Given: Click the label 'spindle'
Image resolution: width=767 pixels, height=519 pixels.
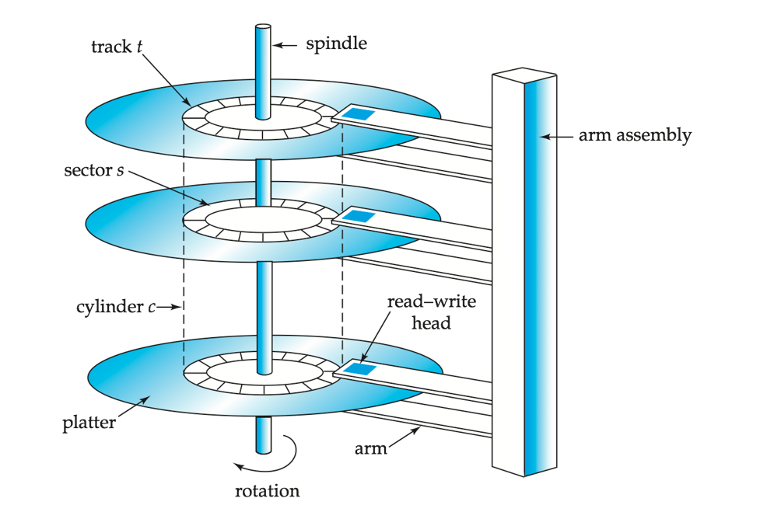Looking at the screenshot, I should (336, 44).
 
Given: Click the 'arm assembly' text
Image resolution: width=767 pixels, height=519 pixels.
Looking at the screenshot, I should (635, 134).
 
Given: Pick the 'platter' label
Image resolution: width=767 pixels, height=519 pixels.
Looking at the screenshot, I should (89, 423).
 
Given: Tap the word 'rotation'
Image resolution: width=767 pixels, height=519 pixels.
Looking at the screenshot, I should (267, 490).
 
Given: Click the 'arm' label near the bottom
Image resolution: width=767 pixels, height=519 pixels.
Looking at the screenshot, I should (370, 449).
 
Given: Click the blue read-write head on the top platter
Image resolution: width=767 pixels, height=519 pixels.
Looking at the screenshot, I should (359, 114).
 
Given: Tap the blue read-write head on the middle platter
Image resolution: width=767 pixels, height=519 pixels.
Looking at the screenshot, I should (359, 215).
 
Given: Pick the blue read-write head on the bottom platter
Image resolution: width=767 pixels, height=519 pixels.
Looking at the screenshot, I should (359, 367).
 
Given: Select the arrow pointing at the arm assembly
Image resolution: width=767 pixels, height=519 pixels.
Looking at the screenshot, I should (557, 136).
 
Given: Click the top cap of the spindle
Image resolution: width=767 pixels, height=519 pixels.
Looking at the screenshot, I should (262, 28).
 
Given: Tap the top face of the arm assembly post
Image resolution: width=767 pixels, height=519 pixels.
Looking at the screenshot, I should (524, 75).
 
